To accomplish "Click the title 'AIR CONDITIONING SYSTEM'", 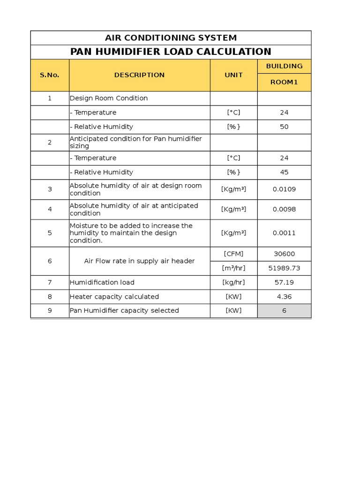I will click(x=171, y=38).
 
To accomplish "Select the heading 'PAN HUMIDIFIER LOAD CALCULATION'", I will click(x=171, y=52).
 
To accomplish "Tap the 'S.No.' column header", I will click(x=50, y=75).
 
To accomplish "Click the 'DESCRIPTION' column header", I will click(x=139, y=75).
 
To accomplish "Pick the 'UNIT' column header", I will click(x=233, y=75).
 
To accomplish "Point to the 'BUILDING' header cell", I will click(x=284, y=66).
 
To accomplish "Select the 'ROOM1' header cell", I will click(x=284, y=82).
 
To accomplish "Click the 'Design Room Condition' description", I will click(x=109, y=98).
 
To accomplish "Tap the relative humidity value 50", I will click(x=284, y=127).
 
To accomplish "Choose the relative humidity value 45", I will click(x=284, y=172).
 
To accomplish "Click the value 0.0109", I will click(x=284, y=189).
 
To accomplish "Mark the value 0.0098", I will click(x=284, y=210).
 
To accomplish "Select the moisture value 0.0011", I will click(x=284, y=233).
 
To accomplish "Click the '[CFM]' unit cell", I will click(x=233, y=254).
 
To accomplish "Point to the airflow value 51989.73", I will click(x=284, y=268).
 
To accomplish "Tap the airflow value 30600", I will click(x=284, y=254).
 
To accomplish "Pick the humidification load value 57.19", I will click(x=284, y=283).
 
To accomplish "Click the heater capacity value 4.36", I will click(x=284, y=297).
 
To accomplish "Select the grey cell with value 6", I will click(x=284, y=310).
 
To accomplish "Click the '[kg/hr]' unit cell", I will click(x=233, y=283).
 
